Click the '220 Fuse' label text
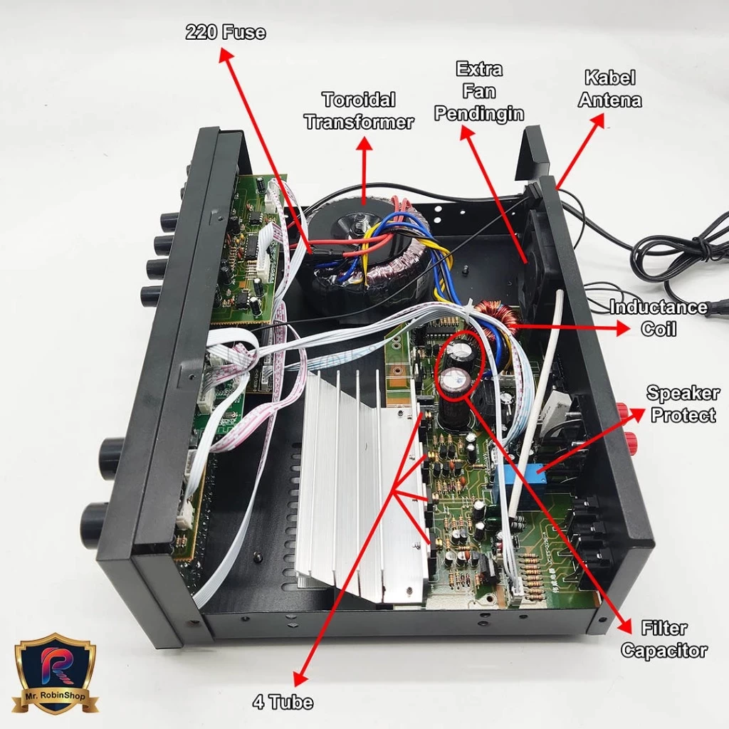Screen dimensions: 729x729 click(225, 32)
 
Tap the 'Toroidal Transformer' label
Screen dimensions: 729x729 click(358, 110)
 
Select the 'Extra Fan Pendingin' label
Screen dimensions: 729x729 click(479, 91)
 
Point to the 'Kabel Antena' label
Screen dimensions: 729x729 click(609, 88)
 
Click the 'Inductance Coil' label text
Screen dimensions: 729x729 click(659, 318)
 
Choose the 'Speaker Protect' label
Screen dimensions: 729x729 click(682, 404)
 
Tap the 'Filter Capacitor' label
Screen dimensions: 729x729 click(664, 639)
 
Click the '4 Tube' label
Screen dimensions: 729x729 click(283, 703)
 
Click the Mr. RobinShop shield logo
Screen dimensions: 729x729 click(56, 673)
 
